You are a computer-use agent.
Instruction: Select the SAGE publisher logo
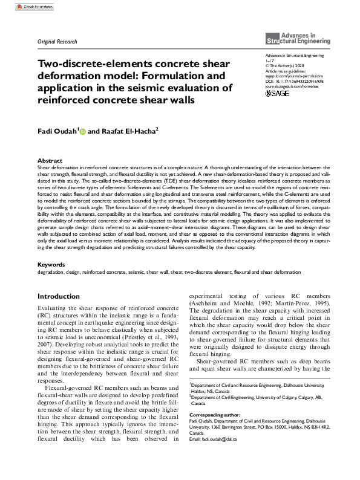tap(278, 93)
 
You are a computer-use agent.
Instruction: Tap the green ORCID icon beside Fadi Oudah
tap(82, 130)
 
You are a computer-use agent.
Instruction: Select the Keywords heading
tap(51, 265)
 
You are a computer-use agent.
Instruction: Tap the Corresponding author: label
tap(215, 415)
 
